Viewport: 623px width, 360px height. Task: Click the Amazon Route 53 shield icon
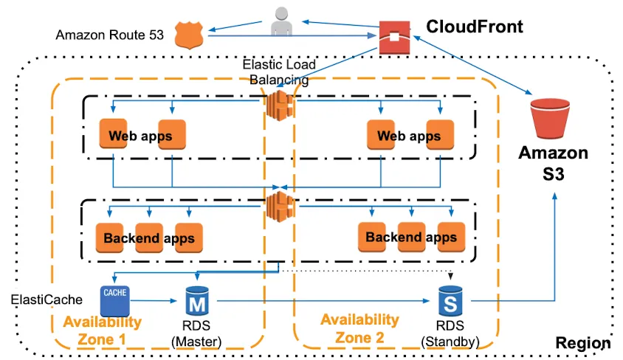point(187,35)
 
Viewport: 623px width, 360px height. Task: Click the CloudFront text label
point(474,27)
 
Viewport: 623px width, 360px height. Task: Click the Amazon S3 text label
point(553,164)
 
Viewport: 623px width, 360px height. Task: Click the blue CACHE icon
point(114,300)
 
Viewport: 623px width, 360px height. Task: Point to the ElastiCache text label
point(45,300)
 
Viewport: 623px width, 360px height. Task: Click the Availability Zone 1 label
point(102,330)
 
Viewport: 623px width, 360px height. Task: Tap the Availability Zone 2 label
point(359,328)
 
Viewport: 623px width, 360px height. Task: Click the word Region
point(582,343)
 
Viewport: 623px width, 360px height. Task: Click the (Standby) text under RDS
point(450,342)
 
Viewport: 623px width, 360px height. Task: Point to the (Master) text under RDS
point(196,342)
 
